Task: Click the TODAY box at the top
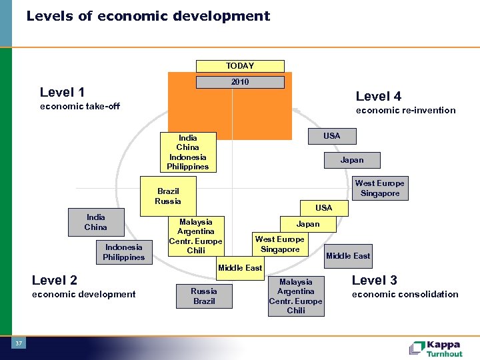pyautogui.click(x=239, y=66)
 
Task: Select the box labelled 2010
pyautogui.click(x=239, y=82)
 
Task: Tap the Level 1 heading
pyautogui.click(x=62, y=92)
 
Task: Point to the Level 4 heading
pyautogui.click(x=378, y=96)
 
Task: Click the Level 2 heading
pyautogui.click(x=55, y=280)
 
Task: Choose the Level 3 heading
pyautogui.click(x=374, y=280)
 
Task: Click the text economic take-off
pyautogui.click(x=80, y=106)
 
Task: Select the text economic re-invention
pyautogui.click(x=405, y=110)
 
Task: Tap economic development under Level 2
pyautogui.click(x=83, y=294)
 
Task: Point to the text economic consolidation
pyautogui.click(x=405, y=294)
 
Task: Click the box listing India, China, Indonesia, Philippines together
pyautogui.click(x=187, y=152)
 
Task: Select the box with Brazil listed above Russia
pyautogui.click(x=168, y=196)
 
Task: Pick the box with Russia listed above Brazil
pyautogui.click(x=204, y=295)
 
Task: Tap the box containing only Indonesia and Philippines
pyautogui.click(x=123, y=252)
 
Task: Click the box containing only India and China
pyautogui.click(x=95, y=222)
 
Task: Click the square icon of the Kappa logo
pyautogui.click(x=417, y=347)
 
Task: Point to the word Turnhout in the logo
pyautogui.click(x=445, y=353)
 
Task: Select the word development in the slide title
pyautogui.click(x=223, y=16)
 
